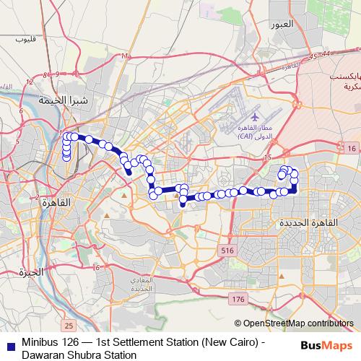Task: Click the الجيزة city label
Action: pyautogui.click(x=32, y=272)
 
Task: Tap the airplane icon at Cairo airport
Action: pyautogui.click(x=253, y=116)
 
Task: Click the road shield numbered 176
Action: pyautogui.click(x=238, y=298)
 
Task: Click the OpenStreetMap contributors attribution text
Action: pyautogui.click(x=297, y=323)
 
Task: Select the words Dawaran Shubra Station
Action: pyautogui.click(x=79, y=355)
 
